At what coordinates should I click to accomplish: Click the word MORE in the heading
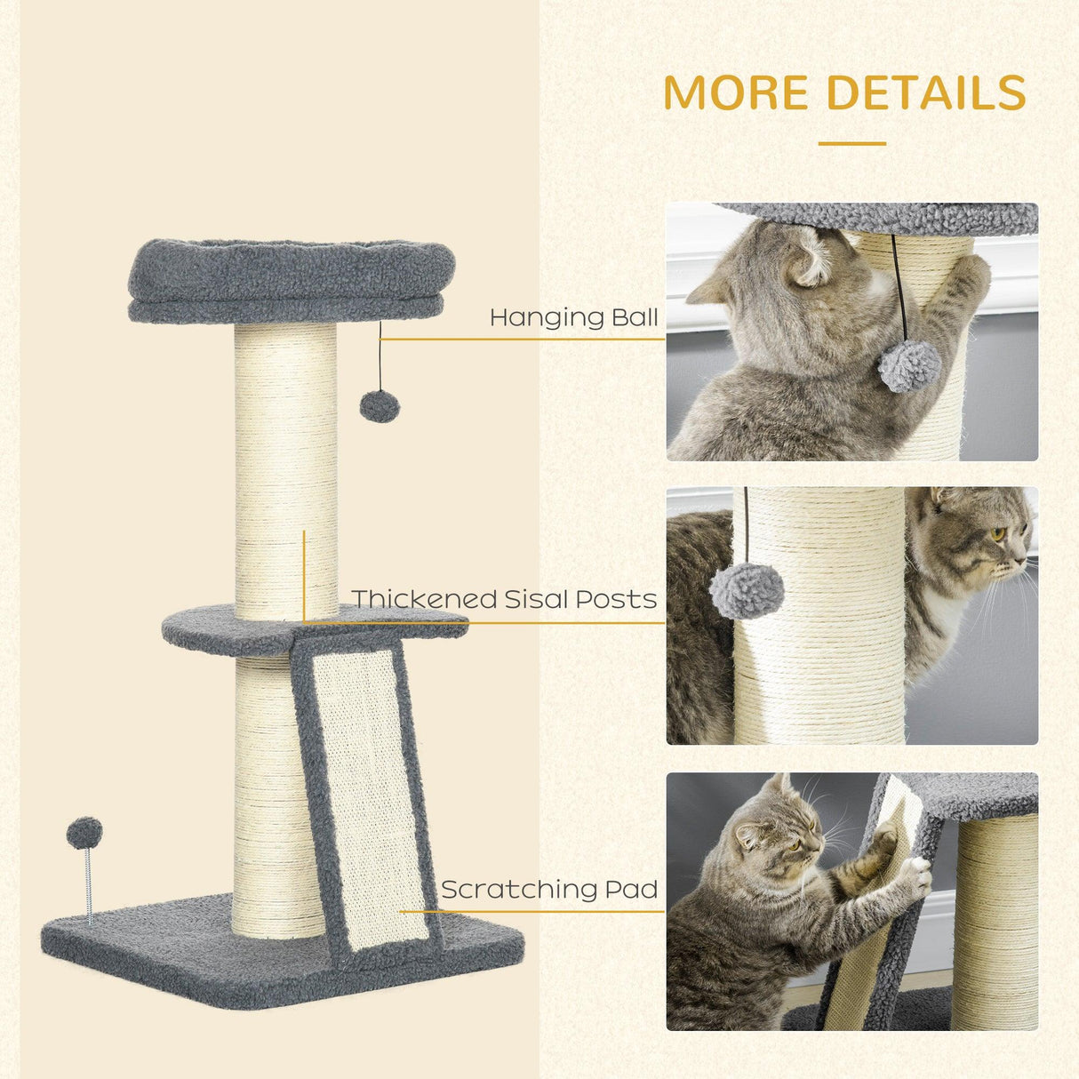736,92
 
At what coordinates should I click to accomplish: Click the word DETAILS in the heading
926,92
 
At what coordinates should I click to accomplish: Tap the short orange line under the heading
851,143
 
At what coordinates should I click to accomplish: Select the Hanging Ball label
573,317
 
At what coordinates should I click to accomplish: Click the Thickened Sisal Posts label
504,599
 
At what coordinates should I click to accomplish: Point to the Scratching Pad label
549,889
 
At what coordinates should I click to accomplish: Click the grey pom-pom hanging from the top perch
380,405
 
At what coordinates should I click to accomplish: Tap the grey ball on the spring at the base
84,833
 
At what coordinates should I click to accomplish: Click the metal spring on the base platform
88,884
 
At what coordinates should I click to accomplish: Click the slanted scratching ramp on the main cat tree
368,800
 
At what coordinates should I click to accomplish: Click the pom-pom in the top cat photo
909,365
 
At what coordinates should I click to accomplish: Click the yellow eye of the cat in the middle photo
997,534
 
